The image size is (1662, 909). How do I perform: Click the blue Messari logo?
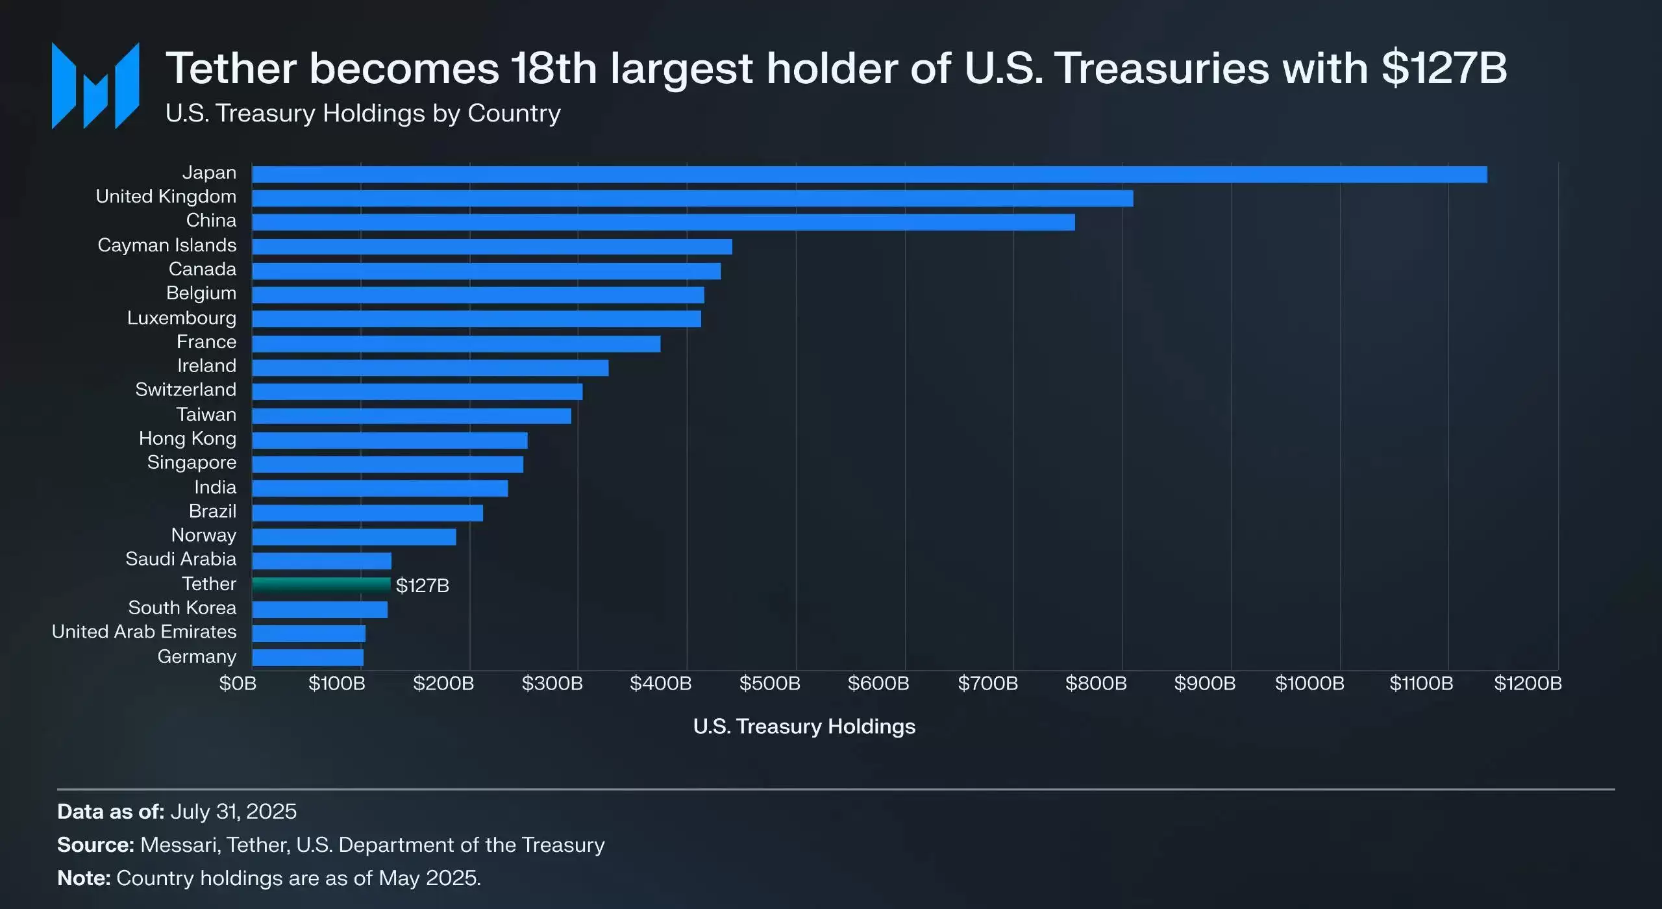click(95, 86)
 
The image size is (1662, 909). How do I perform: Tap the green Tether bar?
click(321, 585)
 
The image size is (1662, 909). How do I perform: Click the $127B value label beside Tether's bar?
click(423, 586)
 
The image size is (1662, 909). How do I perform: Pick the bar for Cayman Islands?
click(491, 247)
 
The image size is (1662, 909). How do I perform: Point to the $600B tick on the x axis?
click(878, 684)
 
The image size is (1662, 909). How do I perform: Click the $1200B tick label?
click(1528, 684)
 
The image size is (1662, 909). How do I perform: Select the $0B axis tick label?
click(238, 684)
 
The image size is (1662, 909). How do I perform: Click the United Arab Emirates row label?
click(144, 632)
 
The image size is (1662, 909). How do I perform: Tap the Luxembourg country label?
click(182, 318)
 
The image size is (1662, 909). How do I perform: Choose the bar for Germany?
click(308, 658)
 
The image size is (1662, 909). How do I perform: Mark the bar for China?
click(663, 223)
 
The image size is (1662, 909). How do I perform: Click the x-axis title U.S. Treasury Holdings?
click(804, 727)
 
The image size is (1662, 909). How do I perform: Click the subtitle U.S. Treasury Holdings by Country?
click(363, 114)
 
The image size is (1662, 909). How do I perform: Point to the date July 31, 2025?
click(234, 812)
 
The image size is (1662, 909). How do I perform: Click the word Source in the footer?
click(95, 845)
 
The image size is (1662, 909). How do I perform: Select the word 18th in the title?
click(553, 69)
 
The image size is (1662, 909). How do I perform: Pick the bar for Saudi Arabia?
click(321, 561)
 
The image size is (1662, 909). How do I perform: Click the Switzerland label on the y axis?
click(186, 390)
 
